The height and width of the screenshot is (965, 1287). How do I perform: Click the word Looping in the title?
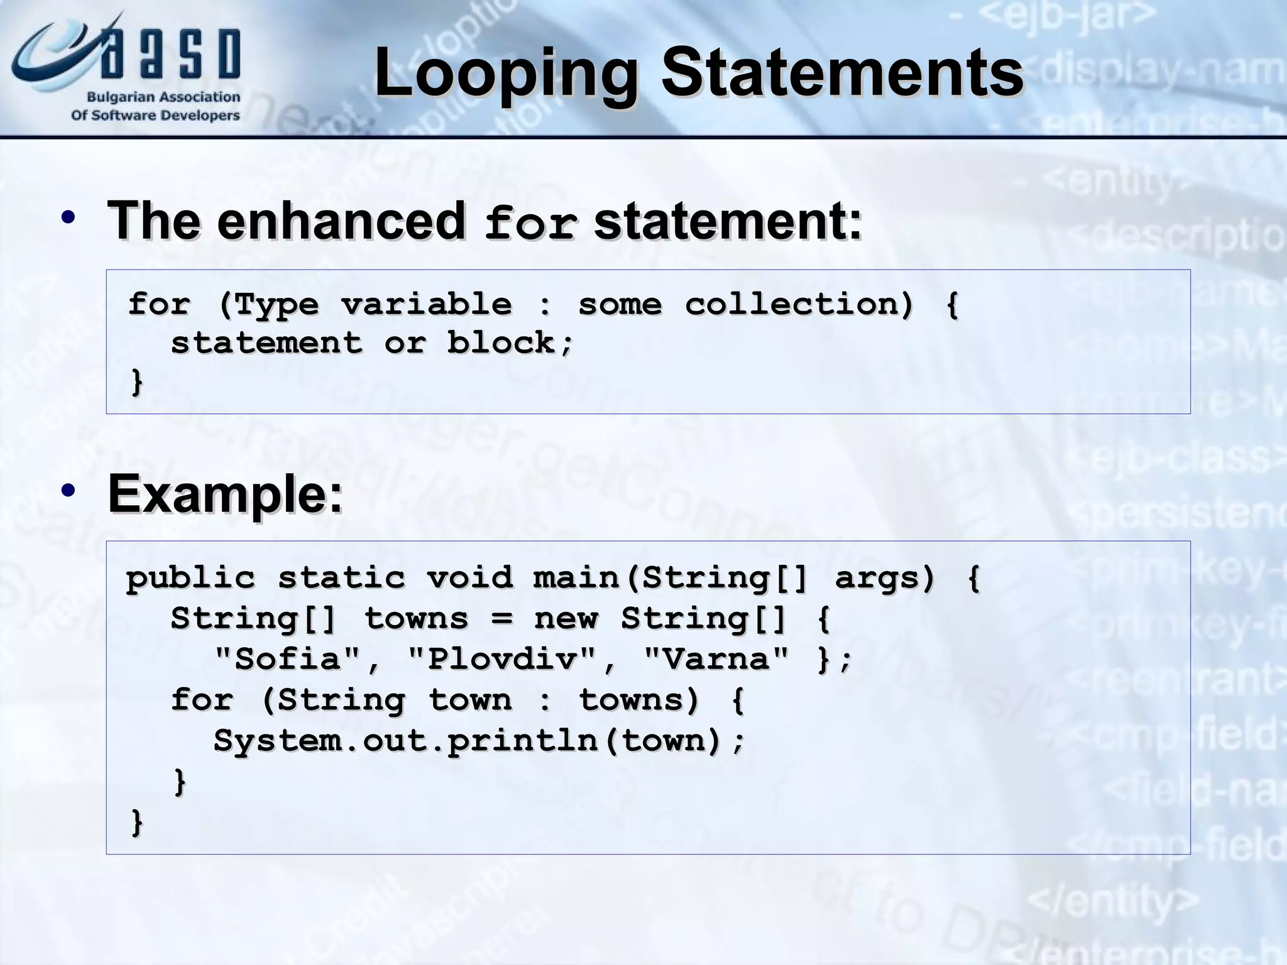point(506,74)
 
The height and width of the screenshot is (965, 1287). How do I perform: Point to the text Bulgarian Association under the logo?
point(163,97)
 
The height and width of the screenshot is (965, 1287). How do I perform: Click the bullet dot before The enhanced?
point(68,219)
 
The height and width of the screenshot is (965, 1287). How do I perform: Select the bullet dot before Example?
point(68,490)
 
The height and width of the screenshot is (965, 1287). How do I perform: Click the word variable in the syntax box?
point(427,305)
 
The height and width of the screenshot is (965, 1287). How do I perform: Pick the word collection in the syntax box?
point(798,305)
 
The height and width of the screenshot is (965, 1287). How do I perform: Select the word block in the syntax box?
point(501,343)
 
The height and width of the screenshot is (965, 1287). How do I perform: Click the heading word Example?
point(225,494)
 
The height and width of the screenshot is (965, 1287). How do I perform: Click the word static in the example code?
point(341,577)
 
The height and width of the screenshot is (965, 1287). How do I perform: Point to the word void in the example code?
point(469,577)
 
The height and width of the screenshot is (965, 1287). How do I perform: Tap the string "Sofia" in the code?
point(288,659)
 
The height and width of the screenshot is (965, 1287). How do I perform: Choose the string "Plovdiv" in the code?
point(501,659)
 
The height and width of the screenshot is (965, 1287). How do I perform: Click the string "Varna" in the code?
point(716,659)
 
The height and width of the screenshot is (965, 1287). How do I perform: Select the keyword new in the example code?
point(566,619)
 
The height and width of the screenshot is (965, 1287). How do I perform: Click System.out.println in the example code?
point(405,741)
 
